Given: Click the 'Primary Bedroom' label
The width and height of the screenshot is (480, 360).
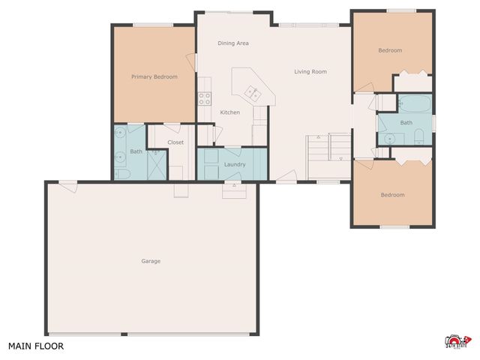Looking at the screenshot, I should coord(154,76).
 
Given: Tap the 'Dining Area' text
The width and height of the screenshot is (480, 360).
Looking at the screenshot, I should coord(233,43).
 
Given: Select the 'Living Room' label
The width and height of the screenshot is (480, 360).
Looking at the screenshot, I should coord(310,72).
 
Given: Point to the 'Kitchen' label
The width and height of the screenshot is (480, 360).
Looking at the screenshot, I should coord(229,112).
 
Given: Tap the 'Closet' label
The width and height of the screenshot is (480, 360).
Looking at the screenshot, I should coord(175,142).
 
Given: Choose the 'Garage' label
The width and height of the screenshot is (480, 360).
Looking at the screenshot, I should coord(151,261).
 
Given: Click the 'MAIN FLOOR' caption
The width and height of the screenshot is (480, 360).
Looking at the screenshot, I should coord(36,346).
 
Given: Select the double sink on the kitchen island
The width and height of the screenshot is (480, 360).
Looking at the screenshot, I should coord(253,93).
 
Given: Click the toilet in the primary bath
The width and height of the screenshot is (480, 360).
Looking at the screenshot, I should coord(123,174).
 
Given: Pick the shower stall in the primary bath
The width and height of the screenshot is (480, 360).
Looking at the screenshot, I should coord(157,163).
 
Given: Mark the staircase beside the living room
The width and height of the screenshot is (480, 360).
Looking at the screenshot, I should coord(328,156).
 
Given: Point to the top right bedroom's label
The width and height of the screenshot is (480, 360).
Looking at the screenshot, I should coord(390,50).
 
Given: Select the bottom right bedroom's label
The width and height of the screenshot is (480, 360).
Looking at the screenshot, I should coord(392,195).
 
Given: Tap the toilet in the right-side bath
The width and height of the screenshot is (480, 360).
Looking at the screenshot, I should coord(419,136).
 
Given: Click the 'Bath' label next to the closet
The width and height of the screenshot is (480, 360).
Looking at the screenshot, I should coord(136,151).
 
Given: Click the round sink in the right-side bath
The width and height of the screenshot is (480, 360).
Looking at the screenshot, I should coord(390,138).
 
